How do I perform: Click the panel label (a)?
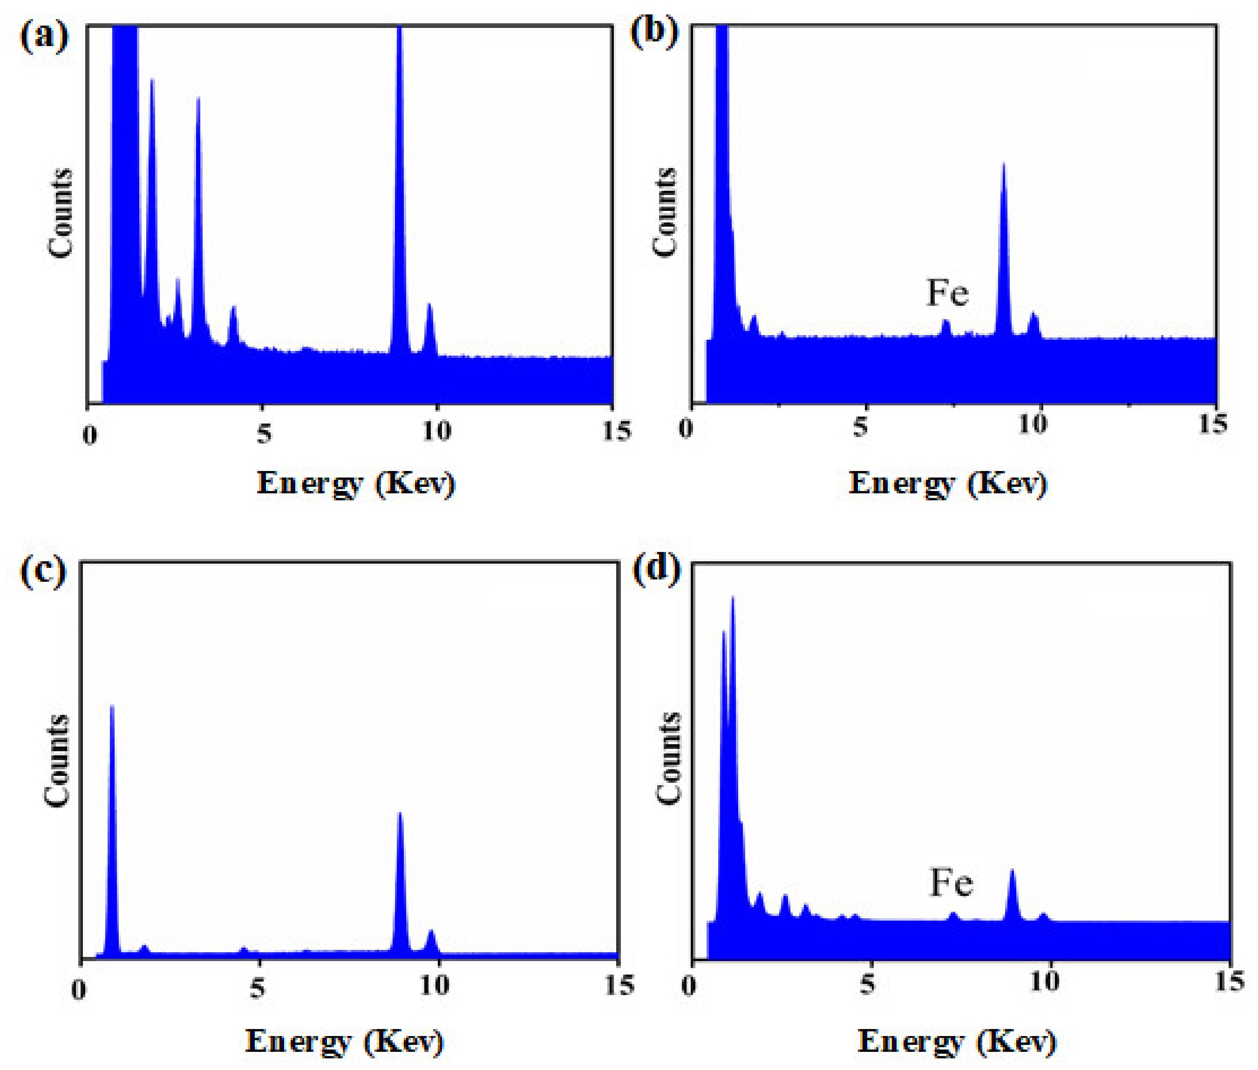pos(44,36)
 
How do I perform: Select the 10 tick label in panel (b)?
pos(1032,424)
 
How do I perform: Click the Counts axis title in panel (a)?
pos(60,214)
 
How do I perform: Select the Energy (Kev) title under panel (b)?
pos(948,484)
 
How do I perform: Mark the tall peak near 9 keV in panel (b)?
pos(1003,242)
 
